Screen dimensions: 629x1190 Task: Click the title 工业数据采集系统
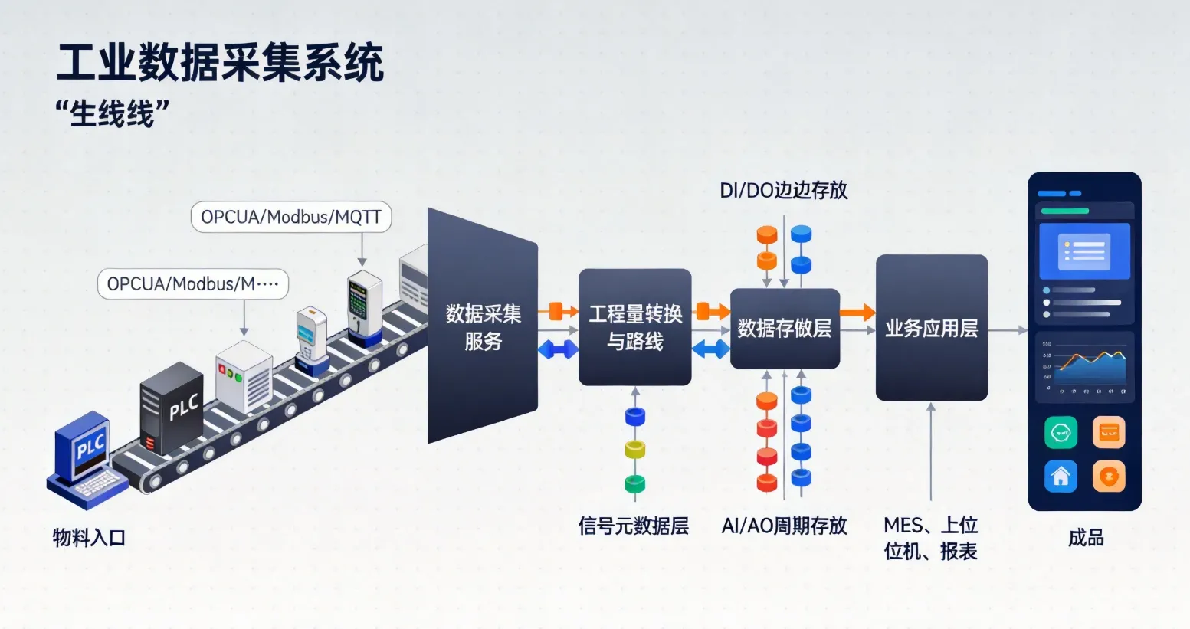click(220, 63)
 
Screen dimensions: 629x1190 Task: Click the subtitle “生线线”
click(112, 113)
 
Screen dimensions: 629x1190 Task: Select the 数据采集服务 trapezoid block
click(483, 326)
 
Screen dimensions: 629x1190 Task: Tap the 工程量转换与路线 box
click(634, 327)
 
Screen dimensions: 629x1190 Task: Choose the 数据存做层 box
click(785, 329)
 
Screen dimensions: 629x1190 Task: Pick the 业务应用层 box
click(931, 328)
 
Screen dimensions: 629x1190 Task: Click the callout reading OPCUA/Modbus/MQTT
click(291, 218)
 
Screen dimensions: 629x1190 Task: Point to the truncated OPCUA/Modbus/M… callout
click(193, 284)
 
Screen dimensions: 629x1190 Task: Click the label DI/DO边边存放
click(783, 191)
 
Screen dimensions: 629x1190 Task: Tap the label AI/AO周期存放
click(784, 526)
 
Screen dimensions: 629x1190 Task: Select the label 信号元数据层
click(633, 526)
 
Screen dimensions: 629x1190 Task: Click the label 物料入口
click(89, 538)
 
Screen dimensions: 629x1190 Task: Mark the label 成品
click(1086, 538)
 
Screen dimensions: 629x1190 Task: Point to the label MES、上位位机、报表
click(930, 538)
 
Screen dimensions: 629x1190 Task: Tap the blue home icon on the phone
click(1061, 477)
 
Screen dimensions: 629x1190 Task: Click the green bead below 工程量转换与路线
click(634, 483)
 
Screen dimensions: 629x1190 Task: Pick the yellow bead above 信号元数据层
click(634, 450)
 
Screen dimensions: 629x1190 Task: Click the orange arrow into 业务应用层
click(857, 312)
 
